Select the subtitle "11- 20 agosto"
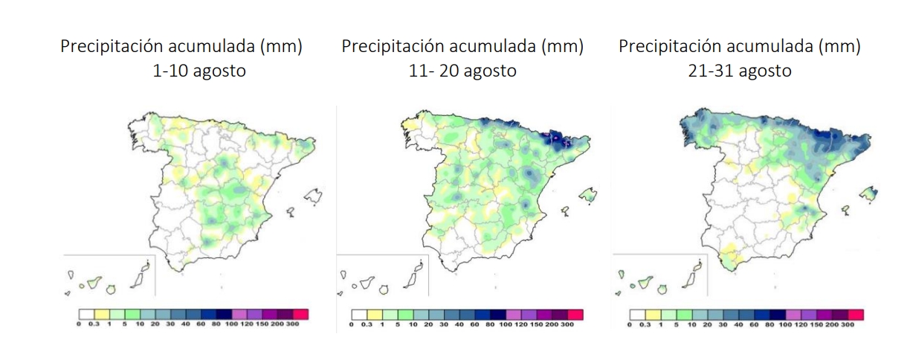pyautogui.click(x=462, y=71)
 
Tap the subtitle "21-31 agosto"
pyautogui.click(x=739, y=71)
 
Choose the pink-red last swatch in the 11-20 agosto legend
pyautogui.click(x=575, y=315)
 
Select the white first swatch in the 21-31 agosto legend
pyautogui.click(x=637, y=315)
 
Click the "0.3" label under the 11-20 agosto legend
pyautogui.click(x=367, y=326)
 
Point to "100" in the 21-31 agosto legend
pyautogui.click(x=785, y=326)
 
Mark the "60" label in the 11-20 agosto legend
pyautogui.click(x=491, y=326)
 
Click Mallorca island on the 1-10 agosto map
pyautogui.click(x=312, y=196)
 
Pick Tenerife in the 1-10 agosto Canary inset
pyautogui.click(x=94, y=283)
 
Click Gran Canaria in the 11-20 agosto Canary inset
pyautogui.click(x=385, y=287)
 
